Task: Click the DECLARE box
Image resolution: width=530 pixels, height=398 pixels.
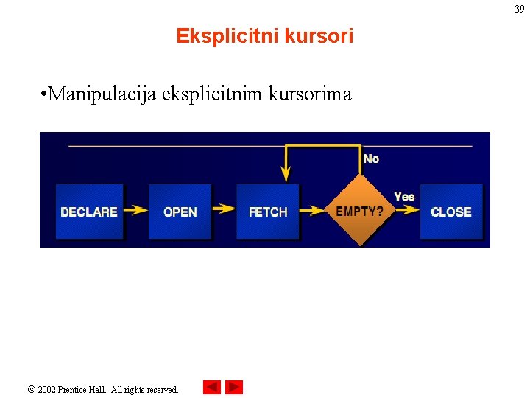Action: coord(89,212)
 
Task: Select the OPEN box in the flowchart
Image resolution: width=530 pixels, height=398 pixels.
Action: coord(180,212)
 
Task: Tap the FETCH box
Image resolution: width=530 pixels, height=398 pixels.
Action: coord(268,212)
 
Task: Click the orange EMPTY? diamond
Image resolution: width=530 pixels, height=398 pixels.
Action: coord(359,212)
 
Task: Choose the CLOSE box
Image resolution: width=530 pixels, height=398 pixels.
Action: coord(451,212)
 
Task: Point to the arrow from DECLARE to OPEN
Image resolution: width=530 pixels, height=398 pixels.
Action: coord(136,211)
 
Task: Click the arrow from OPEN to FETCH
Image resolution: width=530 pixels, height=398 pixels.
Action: coord(224,211)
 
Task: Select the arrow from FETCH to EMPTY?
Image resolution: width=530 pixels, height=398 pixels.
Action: coord(314,211)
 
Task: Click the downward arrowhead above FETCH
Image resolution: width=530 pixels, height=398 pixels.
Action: coord(286,175)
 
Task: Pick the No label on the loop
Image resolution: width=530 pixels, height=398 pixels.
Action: coord(372,158)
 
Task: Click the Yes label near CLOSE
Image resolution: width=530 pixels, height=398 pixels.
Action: coord(404,196)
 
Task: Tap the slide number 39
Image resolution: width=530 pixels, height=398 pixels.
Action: coord(519,10)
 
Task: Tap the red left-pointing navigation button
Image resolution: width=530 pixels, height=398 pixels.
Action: coord(212,387)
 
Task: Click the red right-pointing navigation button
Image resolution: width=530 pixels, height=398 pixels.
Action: coord(234,387)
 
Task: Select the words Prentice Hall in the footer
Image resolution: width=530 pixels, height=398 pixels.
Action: coord(84,389)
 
